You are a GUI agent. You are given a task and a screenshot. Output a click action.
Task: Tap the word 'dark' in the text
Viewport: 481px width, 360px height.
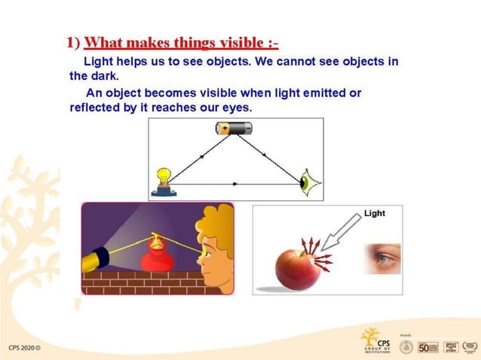coord(104,75)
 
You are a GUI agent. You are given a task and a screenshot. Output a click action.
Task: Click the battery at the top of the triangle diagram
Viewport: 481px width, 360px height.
coord(234,129)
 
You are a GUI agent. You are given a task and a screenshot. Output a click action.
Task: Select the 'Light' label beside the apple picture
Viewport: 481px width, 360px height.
coord(374,213)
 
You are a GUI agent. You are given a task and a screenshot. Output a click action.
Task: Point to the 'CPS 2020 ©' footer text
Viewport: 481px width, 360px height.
coord(25,348)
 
